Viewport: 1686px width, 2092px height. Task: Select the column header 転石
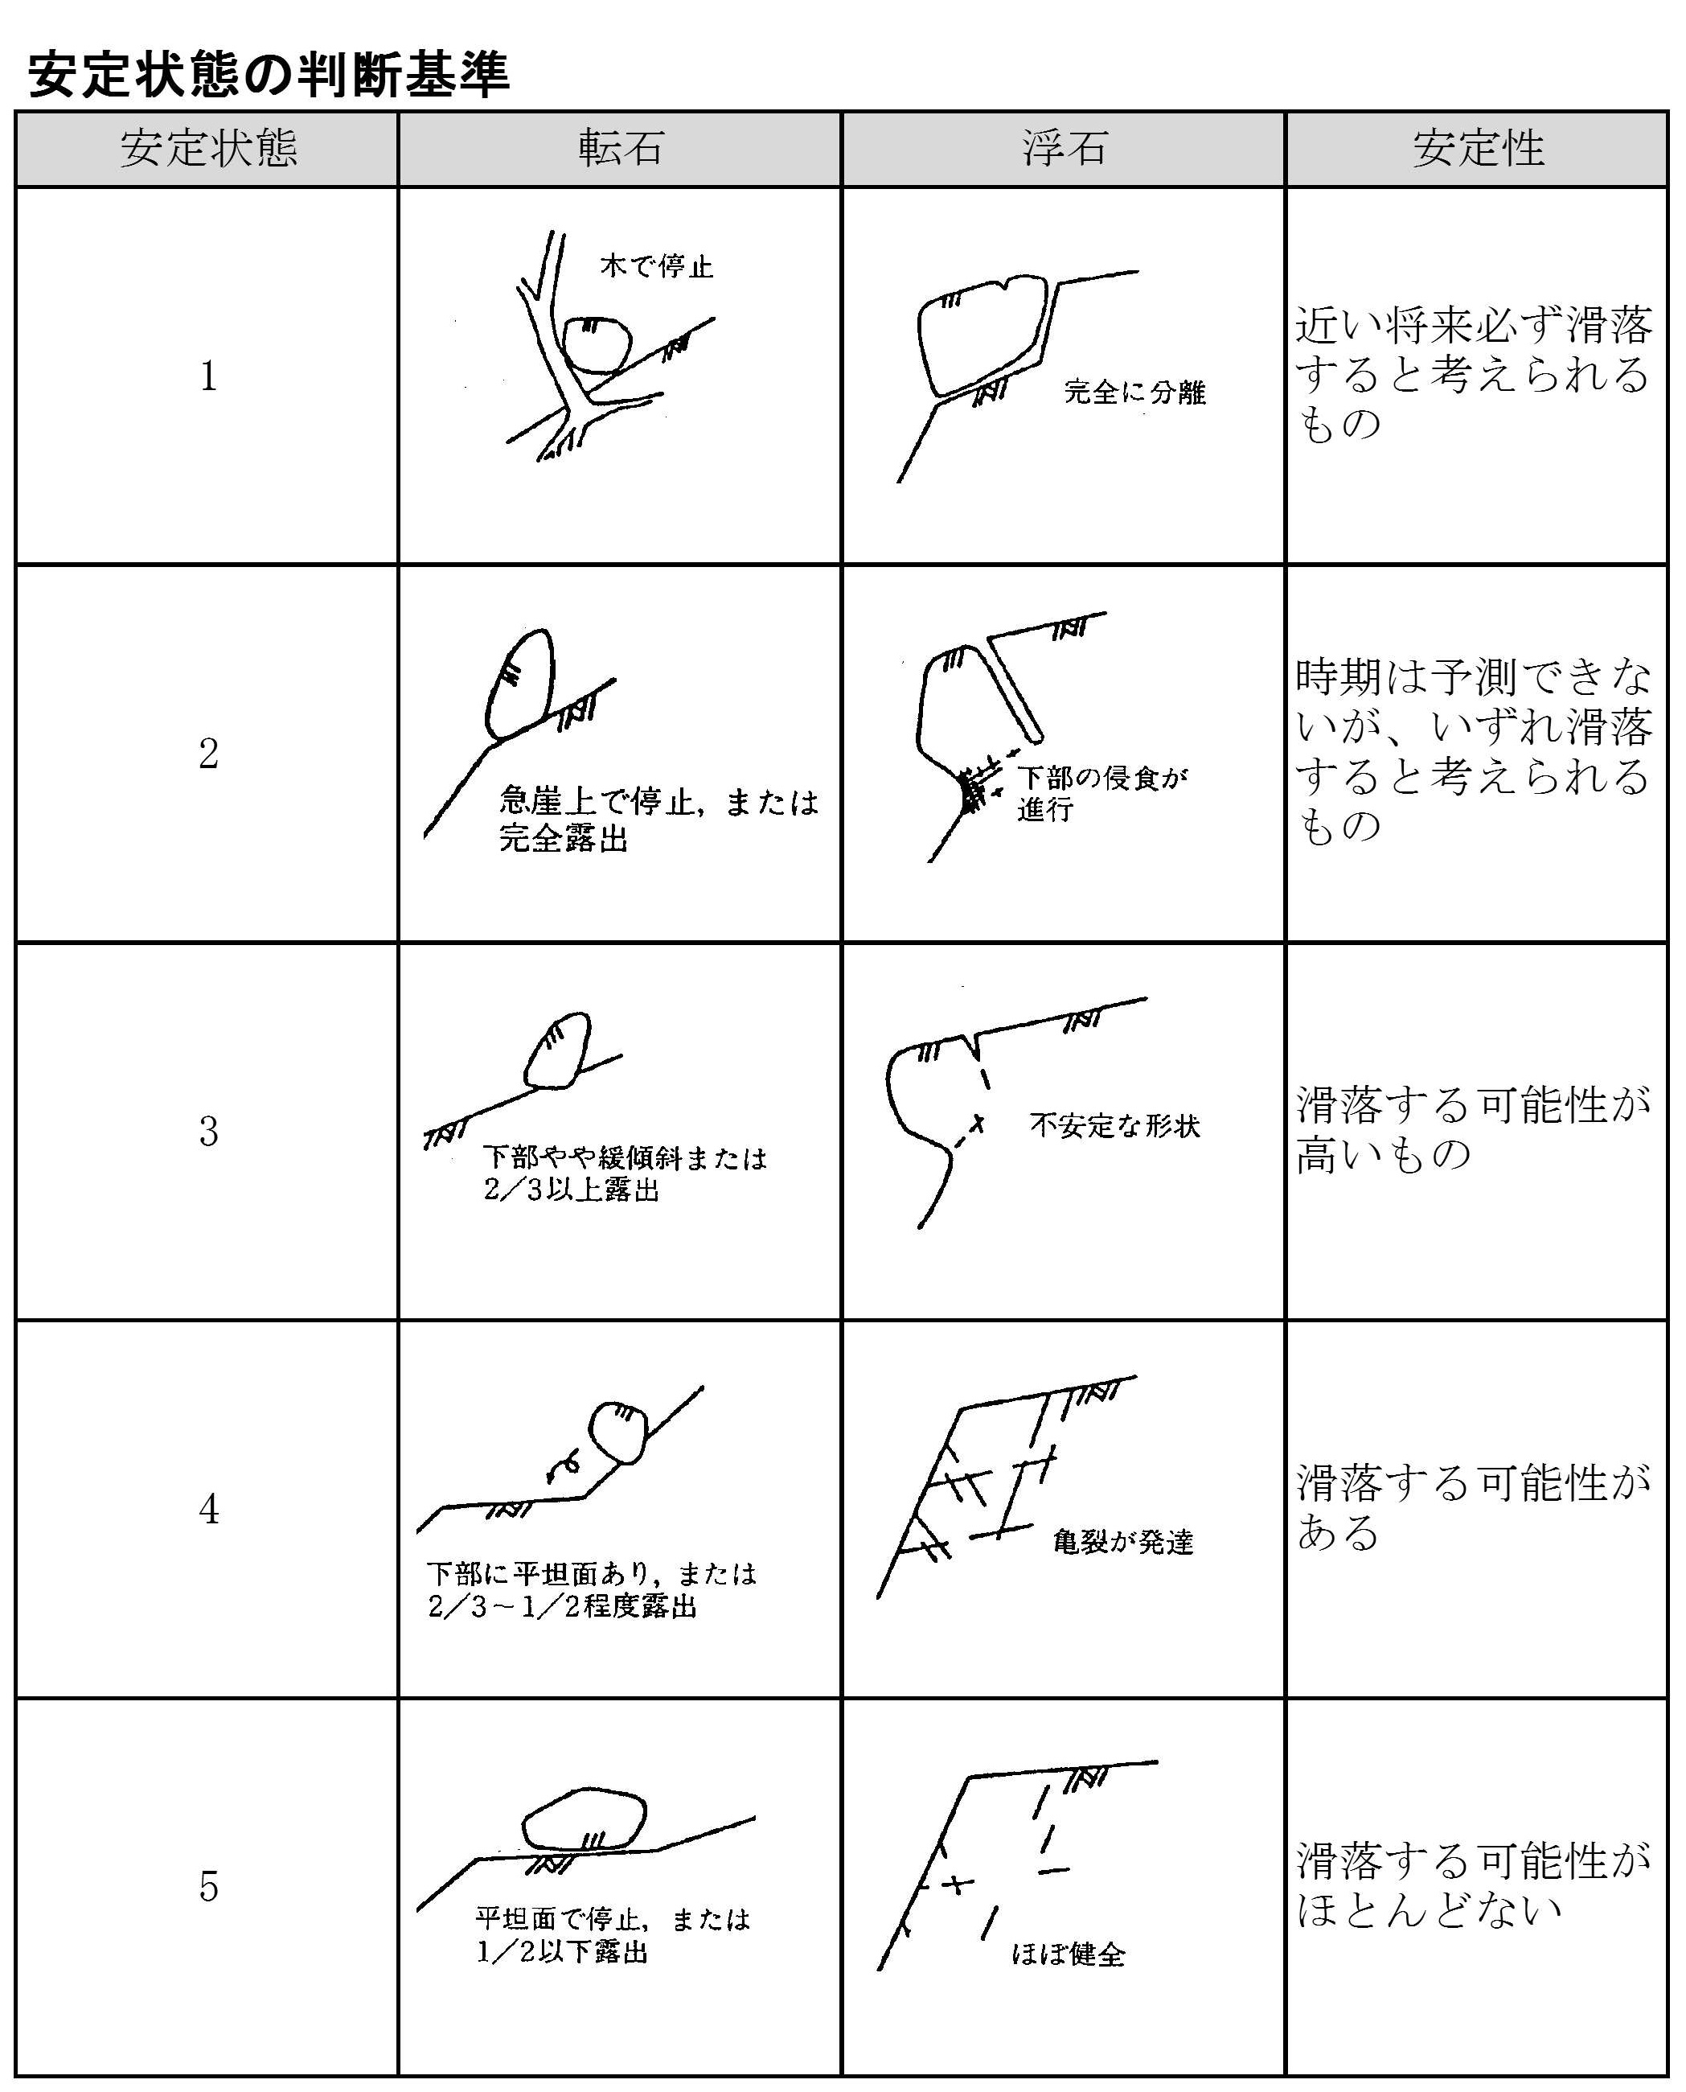tap(620, 149)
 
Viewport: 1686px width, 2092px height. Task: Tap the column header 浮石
tap(1064, 149)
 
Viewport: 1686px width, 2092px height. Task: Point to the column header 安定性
tap(1477, 149)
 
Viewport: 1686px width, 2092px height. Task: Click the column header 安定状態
tap(208, 149)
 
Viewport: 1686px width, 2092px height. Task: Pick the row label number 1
tap(209, 376)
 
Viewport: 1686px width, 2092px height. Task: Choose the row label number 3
tap(209, 1131)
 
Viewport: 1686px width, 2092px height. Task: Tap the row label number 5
tap(209, 1886)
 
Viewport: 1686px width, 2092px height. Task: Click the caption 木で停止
tap(657, 265)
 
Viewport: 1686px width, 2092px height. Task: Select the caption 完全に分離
tap(1134, 392)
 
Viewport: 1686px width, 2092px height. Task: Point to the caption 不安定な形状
tap(1115, 1126)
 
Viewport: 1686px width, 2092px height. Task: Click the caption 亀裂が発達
tap(1122, 1541)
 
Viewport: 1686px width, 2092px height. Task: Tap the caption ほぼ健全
tap(1069, 1953)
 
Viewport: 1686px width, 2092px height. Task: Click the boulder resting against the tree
tap(597, 344)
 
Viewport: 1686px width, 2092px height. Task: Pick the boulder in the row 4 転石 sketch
tap(618, 1432)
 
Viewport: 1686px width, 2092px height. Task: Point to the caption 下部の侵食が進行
tap(1102, 793)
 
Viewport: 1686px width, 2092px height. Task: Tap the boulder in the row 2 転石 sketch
tap(519, 683)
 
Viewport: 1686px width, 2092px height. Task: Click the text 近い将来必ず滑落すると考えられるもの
tap(1475, 374)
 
